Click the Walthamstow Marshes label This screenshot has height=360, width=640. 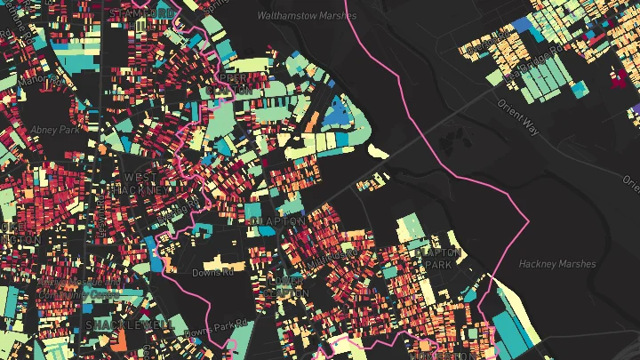306,16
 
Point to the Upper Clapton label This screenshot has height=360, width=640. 229,85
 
